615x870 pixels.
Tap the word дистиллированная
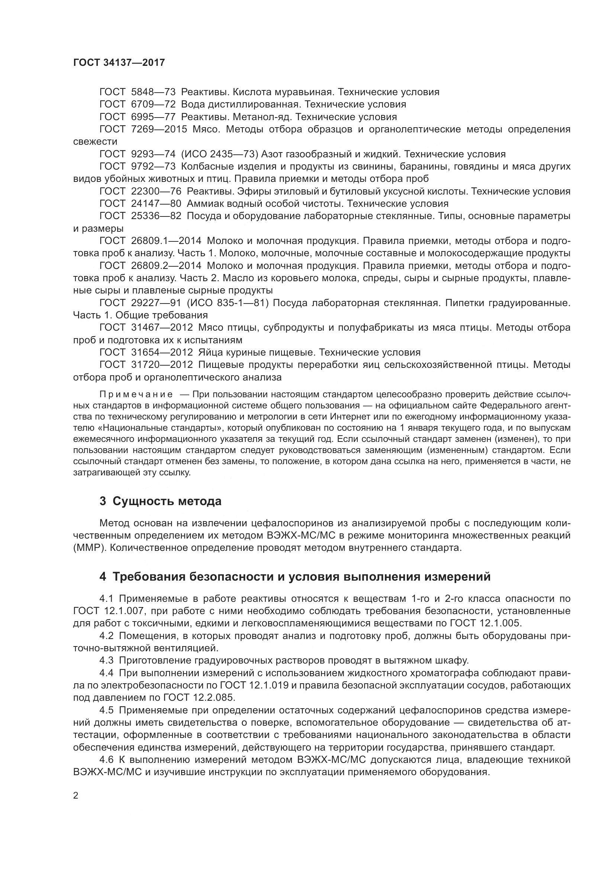point(252,104)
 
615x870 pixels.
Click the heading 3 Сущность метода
point(160,501)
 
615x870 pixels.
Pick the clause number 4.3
point(106,661)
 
